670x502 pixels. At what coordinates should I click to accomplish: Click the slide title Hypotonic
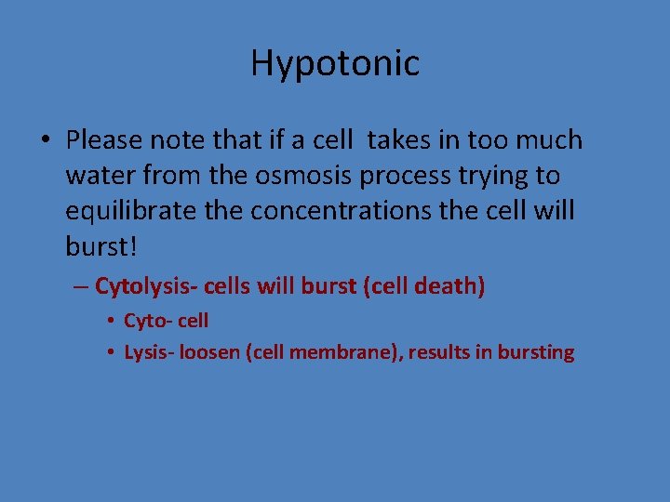pos(335,63)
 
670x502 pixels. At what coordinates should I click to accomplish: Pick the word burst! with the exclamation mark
pos(101,246)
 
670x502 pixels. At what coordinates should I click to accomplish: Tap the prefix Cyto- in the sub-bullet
pos(145,322)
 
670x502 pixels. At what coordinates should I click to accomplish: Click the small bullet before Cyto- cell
pos(110,322)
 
